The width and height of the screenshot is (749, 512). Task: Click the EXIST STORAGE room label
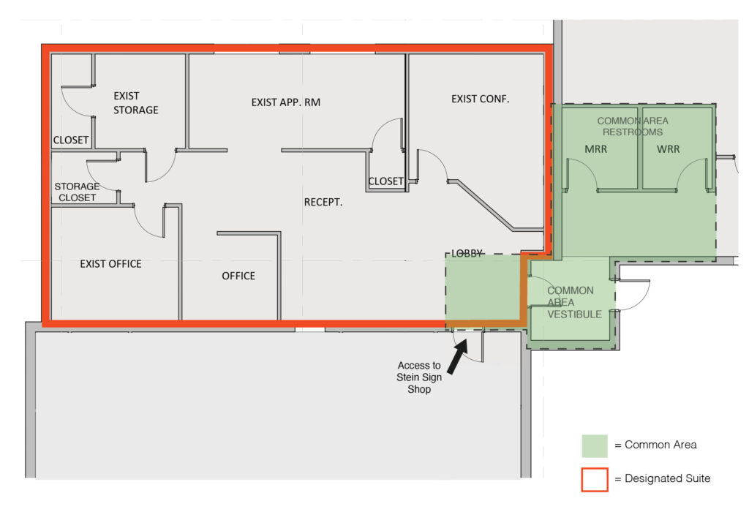[x=135, y=102]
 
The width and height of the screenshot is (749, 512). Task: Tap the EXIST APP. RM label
[x=286, y=102]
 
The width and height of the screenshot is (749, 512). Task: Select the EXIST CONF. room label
[x=480, y=99]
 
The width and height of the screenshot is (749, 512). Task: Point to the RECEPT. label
[x=323, y=202]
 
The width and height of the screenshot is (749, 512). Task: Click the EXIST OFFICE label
[x=110, y=264]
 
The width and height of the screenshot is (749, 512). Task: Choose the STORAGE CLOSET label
[x=77, y=192]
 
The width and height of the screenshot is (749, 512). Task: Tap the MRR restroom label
[x=595, y=149]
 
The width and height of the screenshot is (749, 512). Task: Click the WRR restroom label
[x=668, y=149]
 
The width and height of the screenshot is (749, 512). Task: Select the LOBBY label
[x=467, y=254]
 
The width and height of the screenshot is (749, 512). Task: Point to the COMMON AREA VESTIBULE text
[x=574, y=302]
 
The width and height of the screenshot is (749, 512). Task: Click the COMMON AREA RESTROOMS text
[x=633, y=126]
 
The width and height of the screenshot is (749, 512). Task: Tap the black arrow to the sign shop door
[x=457, y=356]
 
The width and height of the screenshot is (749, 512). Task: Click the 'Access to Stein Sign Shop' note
[x=419, y=377]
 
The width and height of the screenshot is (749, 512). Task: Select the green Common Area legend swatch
[x=594, y=446]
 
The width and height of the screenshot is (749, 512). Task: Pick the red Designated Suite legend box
[x=594, y=480]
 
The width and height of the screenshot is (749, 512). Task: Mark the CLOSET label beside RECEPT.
[x=386, y=181]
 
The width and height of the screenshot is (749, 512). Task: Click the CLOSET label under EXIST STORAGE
[x=71, y=140]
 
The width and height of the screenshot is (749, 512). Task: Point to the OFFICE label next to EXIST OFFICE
[x=238, y=276]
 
